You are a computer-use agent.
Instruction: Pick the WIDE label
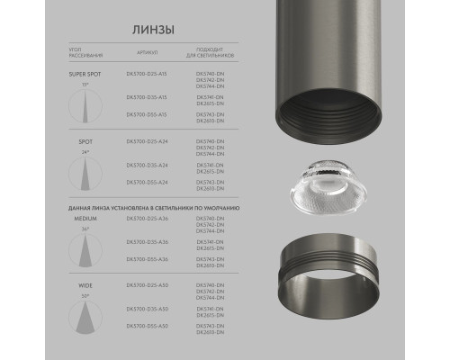click(x=83, y=285)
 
